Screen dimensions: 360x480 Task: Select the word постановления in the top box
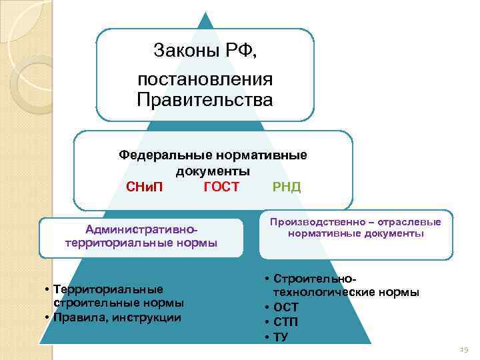tap(205, 80)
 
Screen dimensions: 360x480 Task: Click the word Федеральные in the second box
tap(165, 155)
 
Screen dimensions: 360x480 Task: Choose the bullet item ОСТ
tap(286, 307)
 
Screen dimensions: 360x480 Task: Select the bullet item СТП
tap(286, 322)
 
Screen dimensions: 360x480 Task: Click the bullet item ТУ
tap(281, 337)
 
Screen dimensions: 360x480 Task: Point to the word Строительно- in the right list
tap(311, 277)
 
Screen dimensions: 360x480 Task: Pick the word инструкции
tap(147, 317)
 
